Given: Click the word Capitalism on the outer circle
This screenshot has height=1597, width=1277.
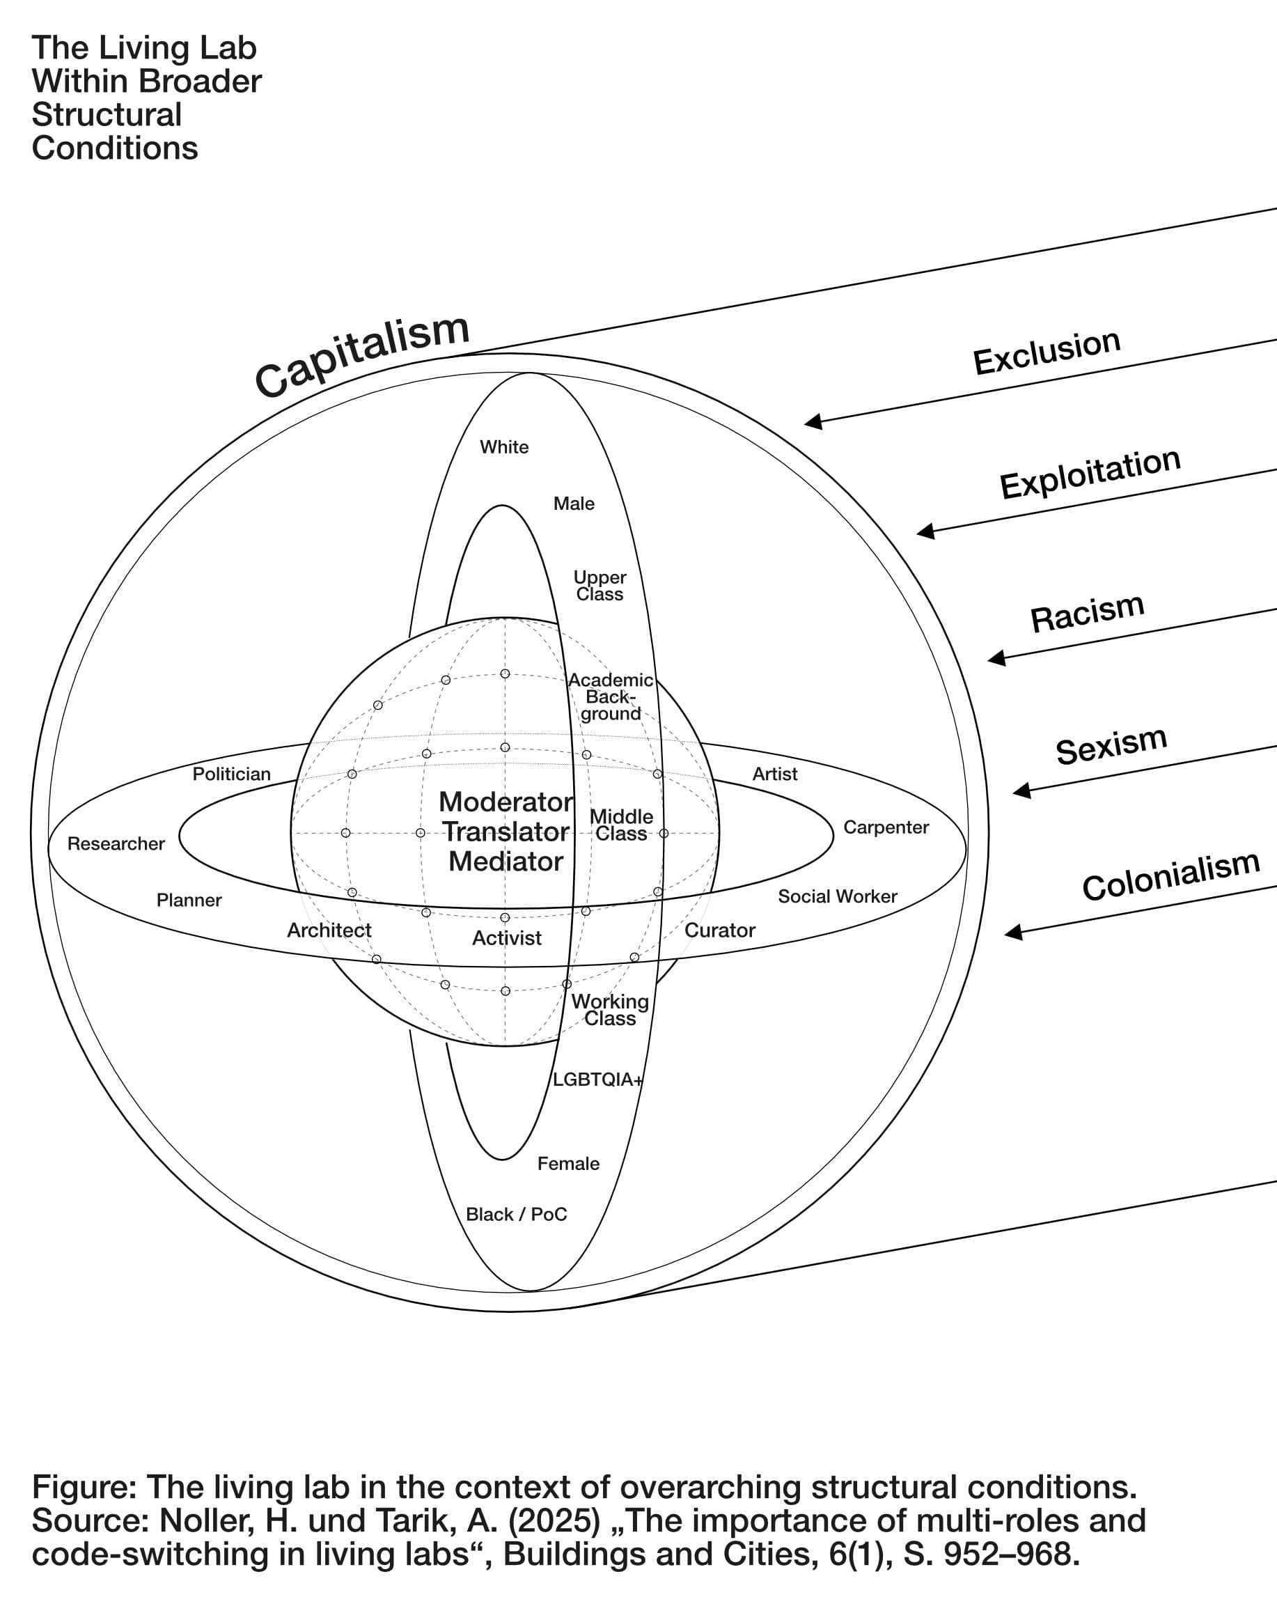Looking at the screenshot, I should (361, 353).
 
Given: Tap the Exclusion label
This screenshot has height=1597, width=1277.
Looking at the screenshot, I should (1046, 352).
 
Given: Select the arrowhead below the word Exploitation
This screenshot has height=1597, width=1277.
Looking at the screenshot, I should (926, 531).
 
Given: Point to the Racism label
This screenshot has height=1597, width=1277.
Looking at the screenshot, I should (1087, 613).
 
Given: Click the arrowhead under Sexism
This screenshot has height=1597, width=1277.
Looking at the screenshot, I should (1022, 791).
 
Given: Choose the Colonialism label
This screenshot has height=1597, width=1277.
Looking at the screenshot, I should (1170, 875).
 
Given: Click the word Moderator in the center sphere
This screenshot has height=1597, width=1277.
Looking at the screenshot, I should (506, 802).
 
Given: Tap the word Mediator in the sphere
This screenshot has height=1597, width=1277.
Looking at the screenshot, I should (506, 862).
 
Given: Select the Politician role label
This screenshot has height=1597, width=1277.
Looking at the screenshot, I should (232, 774).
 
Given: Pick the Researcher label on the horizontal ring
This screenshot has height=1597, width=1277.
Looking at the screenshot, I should (116, 843).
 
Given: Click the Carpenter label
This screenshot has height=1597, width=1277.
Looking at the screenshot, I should (886, 827).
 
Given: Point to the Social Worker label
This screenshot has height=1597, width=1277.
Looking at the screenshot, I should (837, 896).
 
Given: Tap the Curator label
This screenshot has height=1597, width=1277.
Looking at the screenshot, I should (719, 930).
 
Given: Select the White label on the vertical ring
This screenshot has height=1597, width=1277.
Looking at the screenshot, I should (504, 447).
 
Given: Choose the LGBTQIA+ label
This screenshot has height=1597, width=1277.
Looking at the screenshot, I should (597, 1080).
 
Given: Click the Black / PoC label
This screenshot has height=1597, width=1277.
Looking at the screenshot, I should (516, 1214).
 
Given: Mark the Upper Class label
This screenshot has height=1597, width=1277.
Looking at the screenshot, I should (600, 585).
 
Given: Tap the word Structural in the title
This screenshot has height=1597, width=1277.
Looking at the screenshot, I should (107, 115).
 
